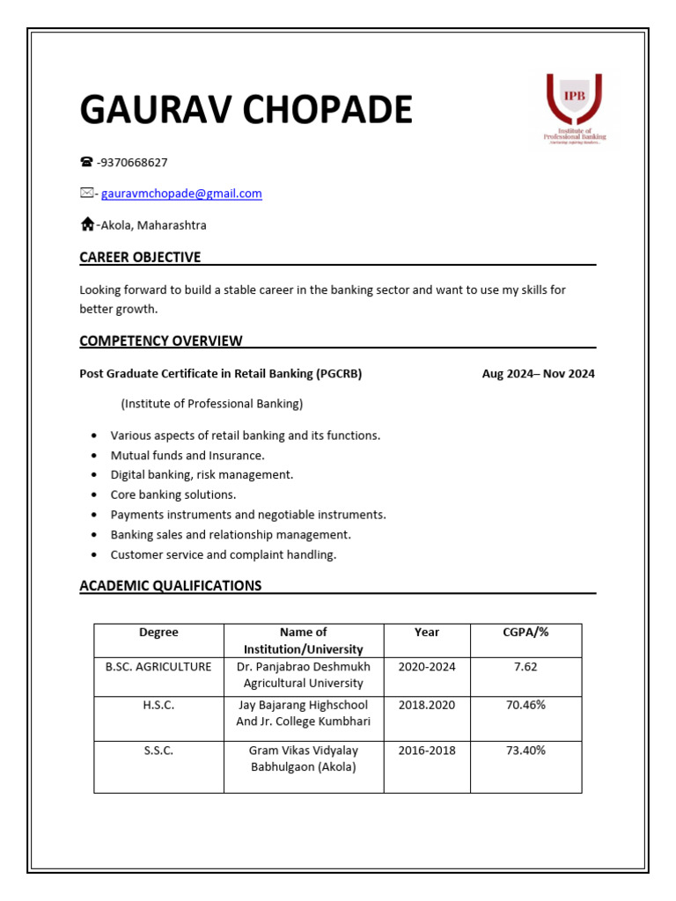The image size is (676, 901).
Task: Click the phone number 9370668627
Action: (135, 162)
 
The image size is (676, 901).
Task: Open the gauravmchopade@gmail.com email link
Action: (181, 194)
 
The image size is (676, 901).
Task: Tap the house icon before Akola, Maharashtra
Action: (87, 225)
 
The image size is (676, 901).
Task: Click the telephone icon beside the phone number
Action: (86, 162)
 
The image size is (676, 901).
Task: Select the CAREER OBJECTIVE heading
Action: (140, 257)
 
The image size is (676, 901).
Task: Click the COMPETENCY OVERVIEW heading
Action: (161, 341)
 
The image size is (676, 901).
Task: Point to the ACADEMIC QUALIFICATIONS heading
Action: (170, 585)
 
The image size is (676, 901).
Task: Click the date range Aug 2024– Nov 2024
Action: (538, 373)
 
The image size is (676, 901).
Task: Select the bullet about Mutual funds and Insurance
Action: (187, 455)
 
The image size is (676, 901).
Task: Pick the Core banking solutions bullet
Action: (173, 494)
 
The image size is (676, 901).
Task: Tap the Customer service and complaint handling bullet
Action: (223, 554)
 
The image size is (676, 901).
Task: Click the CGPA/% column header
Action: (525, 632)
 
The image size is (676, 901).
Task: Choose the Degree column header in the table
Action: (158, 632)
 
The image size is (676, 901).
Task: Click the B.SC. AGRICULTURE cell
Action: (158, 667)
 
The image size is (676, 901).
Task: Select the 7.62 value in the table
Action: (525, 667)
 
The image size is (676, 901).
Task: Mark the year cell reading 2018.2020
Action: (426, 705)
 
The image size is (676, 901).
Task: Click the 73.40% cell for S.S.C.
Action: (525, 751)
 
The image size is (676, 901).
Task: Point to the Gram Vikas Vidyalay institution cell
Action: (303, 758)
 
